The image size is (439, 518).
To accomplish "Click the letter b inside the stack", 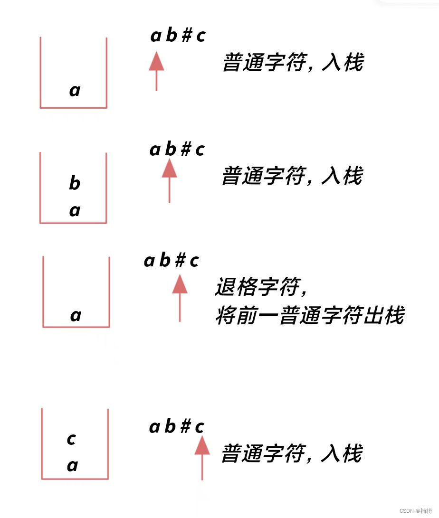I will point(75,183).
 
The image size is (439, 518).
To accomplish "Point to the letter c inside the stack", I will point(71,439).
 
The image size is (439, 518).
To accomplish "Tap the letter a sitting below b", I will point(75,210).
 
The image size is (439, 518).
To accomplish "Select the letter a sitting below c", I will point(72,466).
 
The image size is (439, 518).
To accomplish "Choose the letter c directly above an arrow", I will point(200,427).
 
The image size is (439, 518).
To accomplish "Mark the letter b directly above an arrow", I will point(170,150).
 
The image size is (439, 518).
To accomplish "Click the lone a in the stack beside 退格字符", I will point(76,315).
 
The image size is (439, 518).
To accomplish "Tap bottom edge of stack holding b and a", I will point(73,223).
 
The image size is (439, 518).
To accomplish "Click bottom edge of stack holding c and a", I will point(75,479).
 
